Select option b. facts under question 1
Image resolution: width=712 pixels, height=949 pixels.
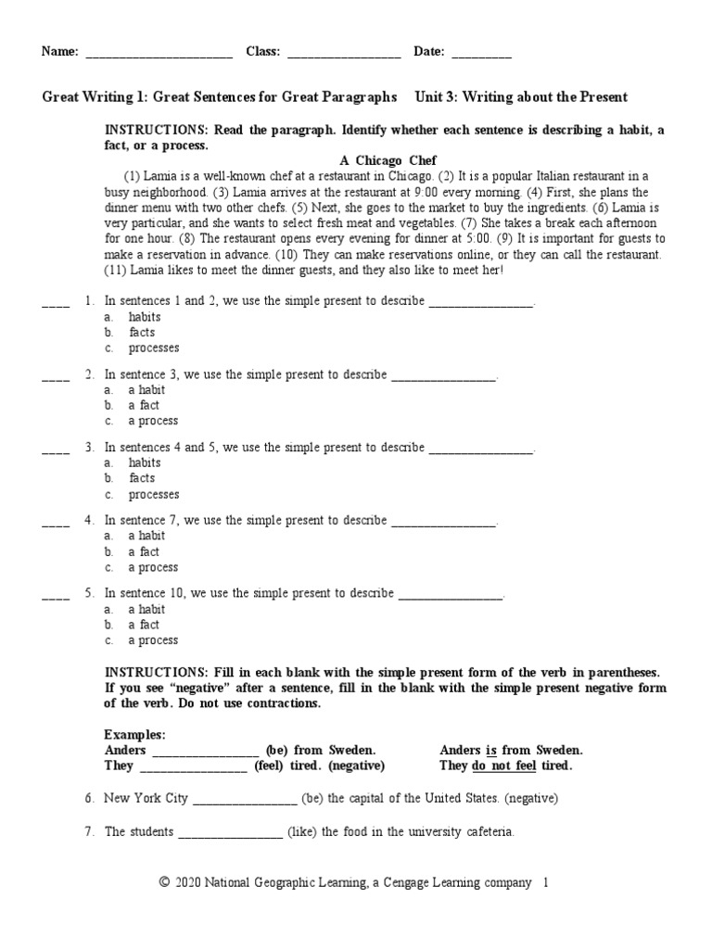[x=141, y=333]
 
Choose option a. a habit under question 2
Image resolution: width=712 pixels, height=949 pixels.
[x=146, y=389]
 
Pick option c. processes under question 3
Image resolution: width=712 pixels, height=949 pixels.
[x=153, y=495]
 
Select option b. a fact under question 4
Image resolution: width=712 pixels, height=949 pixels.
[x=144, y=551]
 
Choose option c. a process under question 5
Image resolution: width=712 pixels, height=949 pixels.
[x=153, y=640]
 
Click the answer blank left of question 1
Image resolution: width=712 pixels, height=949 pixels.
[x=56, y=302]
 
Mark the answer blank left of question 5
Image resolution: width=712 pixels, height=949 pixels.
[x=56, y=594]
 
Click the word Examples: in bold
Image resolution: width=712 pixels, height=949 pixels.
[x=135, y=734]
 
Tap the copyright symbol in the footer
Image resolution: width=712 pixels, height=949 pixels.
[x=166, y=884]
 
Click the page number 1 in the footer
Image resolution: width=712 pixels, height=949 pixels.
[x=546, y=884]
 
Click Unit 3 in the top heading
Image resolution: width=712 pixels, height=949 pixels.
[x=435, y=97]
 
